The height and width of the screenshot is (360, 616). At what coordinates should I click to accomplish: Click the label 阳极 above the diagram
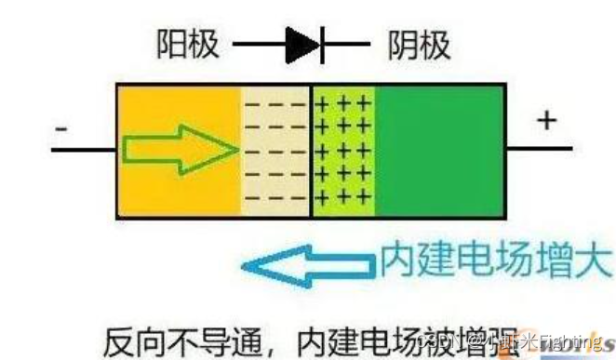(189, 44)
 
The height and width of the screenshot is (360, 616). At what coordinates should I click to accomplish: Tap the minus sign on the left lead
(61, 127)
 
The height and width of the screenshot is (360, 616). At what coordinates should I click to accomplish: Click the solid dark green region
(439, 151)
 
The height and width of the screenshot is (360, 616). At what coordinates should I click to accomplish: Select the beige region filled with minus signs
(275, 151)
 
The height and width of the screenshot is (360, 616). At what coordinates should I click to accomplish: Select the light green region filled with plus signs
(342, 151)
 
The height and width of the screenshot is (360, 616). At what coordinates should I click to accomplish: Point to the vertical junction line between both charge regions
(310, 151)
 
